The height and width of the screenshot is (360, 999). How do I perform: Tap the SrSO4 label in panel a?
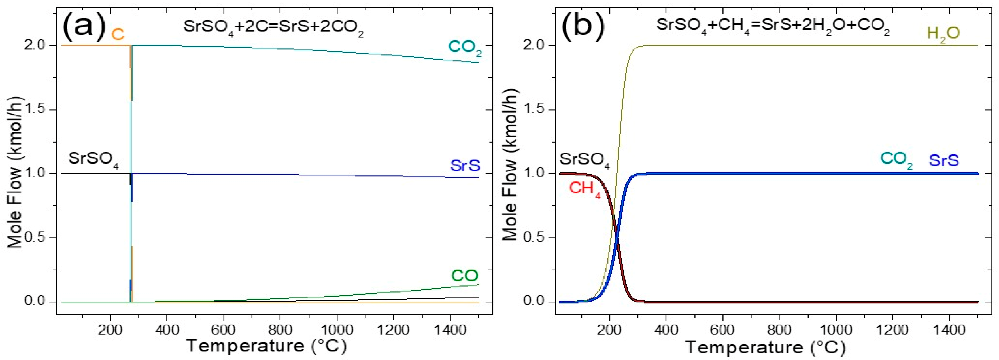93,159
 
